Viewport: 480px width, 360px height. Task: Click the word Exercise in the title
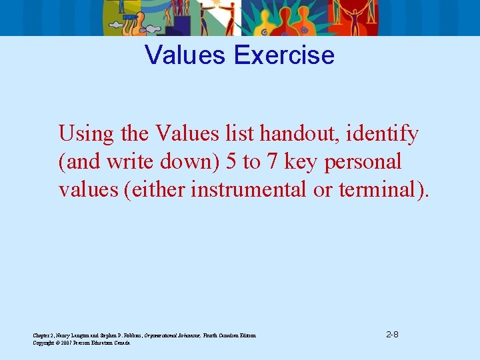284,55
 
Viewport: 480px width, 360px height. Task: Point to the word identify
382,134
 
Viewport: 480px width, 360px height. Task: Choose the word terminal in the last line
381,189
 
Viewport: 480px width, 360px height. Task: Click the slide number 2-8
393,334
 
